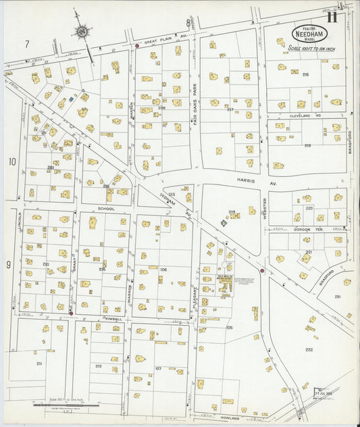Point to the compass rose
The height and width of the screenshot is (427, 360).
(81, 30)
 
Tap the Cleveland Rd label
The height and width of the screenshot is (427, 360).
(306, 114)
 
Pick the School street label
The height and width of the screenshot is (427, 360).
(105, 209)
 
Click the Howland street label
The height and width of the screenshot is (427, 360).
(230, 418)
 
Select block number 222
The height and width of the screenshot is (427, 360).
(309, 349)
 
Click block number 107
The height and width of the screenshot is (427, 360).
(158, 368)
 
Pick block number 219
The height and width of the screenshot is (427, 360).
(307, 145)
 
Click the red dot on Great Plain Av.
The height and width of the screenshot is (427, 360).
(137, 46)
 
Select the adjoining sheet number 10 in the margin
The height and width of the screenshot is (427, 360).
(11, 161)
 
